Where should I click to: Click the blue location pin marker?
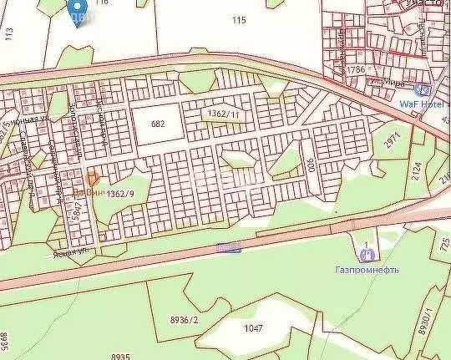click(79, 14)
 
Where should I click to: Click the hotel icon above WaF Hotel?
click(423, 89)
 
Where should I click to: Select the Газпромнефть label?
click(367, 270)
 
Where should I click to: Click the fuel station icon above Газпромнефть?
click(365, 254)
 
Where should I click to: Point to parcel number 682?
click(157, 124)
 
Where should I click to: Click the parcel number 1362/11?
click(224, 112)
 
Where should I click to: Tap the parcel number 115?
click(241, 19)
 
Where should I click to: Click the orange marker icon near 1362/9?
click(93, 179)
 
